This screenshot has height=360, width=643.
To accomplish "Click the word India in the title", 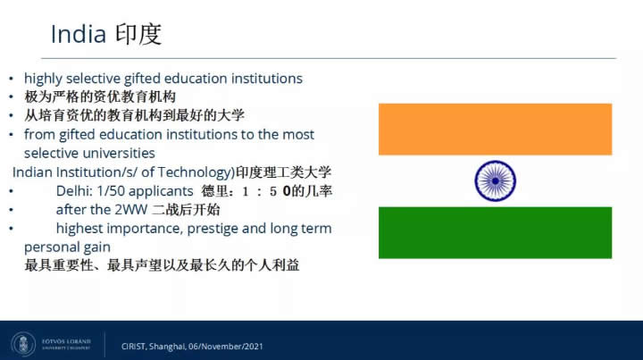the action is (79, 34).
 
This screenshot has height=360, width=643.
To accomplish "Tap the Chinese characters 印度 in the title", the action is (138, 34).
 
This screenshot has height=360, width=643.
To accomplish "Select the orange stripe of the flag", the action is (495, 130).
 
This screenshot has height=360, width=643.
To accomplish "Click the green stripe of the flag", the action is (495, 232).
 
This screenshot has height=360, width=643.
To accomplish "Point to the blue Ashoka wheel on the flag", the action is (495, 180).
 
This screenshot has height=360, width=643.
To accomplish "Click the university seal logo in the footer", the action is (23, 344).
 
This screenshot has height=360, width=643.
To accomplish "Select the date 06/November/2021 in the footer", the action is (226, 347).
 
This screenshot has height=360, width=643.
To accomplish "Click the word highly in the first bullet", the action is (43, 79).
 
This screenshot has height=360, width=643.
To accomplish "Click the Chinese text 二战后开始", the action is (186, 210).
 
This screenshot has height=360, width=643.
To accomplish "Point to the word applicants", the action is (161, 191).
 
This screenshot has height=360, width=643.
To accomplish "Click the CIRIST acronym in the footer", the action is (133, 347).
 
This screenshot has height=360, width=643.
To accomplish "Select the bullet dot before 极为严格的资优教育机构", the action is (11, 97).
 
